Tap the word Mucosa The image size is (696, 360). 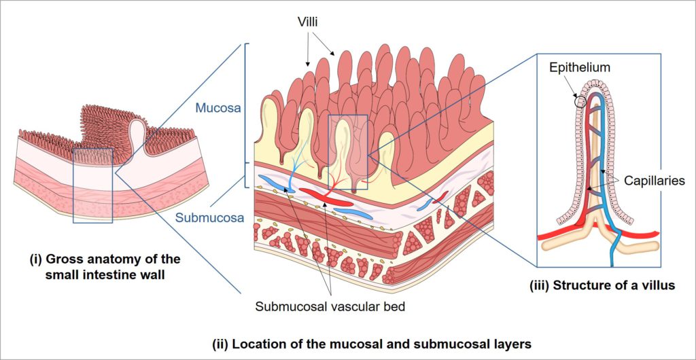click(x=215, y=107)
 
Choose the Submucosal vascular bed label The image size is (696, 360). click(x=330, y=306)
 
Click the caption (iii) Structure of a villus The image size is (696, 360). click(x=602, y=285)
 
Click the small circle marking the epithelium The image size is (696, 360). click(x=580, y=103)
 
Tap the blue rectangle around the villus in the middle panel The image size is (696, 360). click(x=347, y=151)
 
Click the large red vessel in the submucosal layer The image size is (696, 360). click(x=327, y=198)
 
